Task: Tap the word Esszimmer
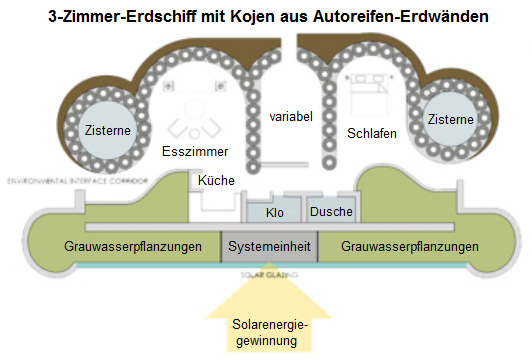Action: (x=195, y=151)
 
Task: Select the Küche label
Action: (x=217, y=180)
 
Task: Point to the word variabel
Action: (x=292, y=116)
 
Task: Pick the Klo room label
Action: (x=276, y=213)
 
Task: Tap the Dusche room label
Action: (x=330, y=212)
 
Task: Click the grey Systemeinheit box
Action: (x=269, y=246)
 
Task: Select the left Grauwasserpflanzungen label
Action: (x=131, y=246)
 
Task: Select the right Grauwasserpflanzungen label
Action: (x=410, y=246)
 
